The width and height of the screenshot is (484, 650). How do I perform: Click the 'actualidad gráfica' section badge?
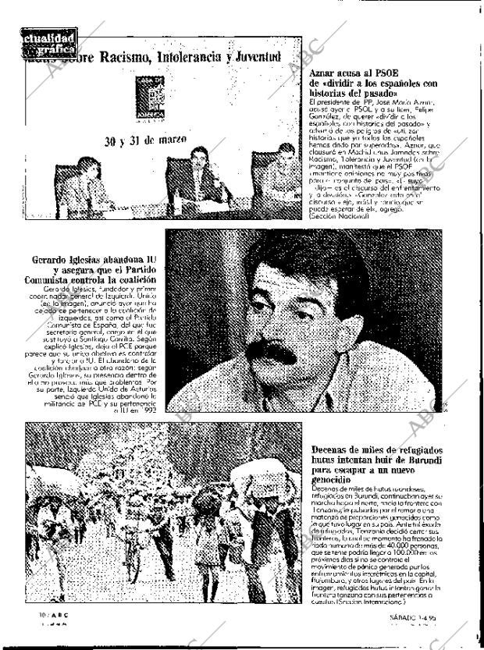tap(46, 45)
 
